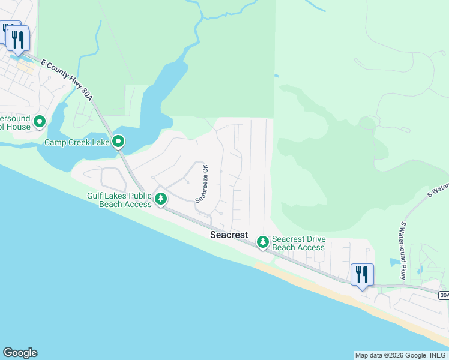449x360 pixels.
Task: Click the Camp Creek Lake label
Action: (77, 143)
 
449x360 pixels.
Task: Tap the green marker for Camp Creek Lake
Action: (119, 142)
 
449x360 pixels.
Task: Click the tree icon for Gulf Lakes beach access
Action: (160, 198)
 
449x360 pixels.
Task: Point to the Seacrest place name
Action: (229, 235)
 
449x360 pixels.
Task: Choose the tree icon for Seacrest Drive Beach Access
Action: (262, 242)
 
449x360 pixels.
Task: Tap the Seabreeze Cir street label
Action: (201, 184)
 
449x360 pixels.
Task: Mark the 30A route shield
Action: (443, 295)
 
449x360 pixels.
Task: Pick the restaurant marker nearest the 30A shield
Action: (361, 275)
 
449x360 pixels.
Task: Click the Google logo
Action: (20, 353)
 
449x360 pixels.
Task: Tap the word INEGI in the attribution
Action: (436, 355)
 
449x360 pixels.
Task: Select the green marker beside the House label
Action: (40, 122)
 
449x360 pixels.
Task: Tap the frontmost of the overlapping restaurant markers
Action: (19, 40)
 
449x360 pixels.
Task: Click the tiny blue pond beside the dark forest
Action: (276, 76)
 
